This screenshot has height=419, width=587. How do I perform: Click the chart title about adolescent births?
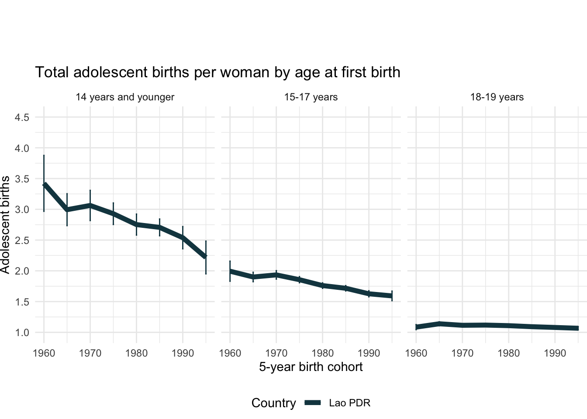click(218, 72)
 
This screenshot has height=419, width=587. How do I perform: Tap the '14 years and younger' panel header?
click(125, 97)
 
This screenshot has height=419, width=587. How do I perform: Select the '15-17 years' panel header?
click(311, 97)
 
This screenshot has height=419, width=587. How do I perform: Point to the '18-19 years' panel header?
click(497, 97)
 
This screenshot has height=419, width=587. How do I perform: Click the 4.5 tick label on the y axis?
click(22, 117)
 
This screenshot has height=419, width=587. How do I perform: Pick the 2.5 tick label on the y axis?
click(22, 240)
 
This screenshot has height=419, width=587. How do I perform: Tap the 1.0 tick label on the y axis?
click(22, 333)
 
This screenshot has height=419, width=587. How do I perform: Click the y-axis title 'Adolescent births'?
click(5, 225)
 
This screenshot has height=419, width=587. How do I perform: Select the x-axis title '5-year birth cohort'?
click(311, 367)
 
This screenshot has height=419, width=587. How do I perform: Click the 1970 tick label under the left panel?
click(90, 353)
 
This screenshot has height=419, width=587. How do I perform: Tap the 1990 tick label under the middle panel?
click(369, 353)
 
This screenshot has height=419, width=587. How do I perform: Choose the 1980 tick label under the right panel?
click(508, 353)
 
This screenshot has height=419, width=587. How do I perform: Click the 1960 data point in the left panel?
click(44, 185)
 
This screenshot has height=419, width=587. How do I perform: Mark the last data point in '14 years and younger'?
click(206, 256)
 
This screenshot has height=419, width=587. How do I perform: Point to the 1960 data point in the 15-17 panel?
click(230, 271)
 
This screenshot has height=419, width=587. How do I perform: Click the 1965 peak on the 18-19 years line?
click(439, 324)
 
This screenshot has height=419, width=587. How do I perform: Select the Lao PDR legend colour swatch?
click(313, 403)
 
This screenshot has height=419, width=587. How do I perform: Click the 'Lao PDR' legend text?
click(349, 403)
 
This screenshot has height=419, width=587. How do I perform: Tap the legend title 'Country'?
click(273, 403)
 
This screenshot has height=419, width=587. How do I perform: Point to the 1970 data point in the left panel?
click(90, 205)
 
